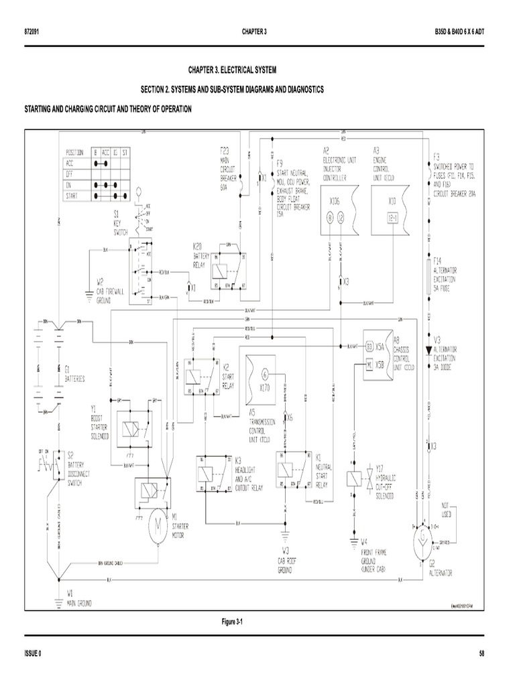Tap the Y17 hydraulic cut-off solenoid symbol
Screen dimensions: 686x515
(x=360, y=478)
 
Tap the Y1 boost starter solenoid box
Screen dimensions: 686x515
(x=134, y=426)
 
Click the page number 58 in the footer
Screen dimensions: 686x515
(x=483, y=653)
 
